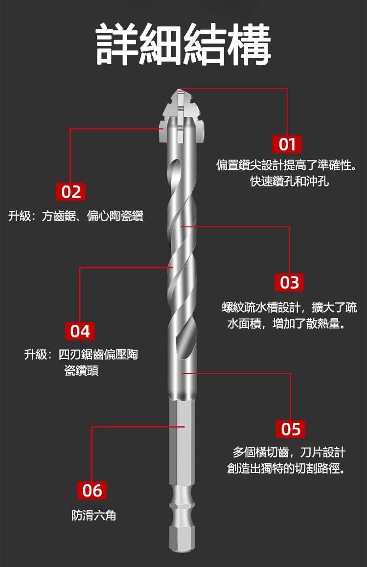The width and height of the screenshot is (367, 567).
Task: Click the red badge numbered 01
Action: coord(287,144)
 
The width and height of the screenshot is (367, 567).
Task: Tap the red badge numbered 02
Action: coord(71,192)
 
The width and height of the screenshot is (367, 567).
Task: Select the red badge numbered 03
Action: coord(289,282)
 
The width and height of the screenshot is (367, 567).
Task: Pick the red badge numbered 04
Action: coord(80,331)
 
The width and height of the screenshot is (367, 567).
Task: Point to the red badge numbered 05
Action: coord(291,429)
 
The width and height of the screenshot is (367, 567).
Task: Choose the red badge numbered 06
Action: coord(92,490)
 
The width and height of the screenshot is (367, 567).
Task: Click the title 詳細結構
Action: coord(183,44)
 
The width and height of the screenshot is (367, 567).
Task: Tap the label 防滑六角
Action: coord(93,515)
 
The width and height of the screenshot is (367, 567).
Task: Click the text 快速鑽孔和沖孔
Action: coord(290,181)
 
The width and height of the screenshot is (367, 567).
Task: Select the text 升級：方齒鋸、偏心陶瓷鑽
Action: coord(76,216)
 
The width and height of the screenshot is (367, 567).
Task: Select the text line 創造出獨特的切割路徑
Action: coord(286,469)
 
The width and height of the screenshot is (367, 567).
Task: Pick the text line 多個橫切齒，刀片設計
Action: coord(289,453)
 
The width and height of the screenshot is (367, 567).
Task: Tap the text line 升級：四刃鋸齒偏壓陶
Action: coord(81,354)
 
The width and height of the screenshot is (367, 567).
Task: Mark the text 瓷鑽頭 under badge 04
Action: coord(81,371)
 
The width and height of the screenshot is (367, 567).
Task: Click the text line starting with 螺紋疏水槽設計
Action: coord(289,307)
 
